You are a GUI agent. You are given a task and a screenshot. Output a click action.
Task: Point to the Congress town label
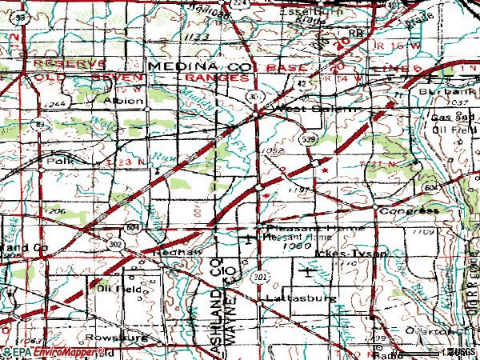tap(410, 210)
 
